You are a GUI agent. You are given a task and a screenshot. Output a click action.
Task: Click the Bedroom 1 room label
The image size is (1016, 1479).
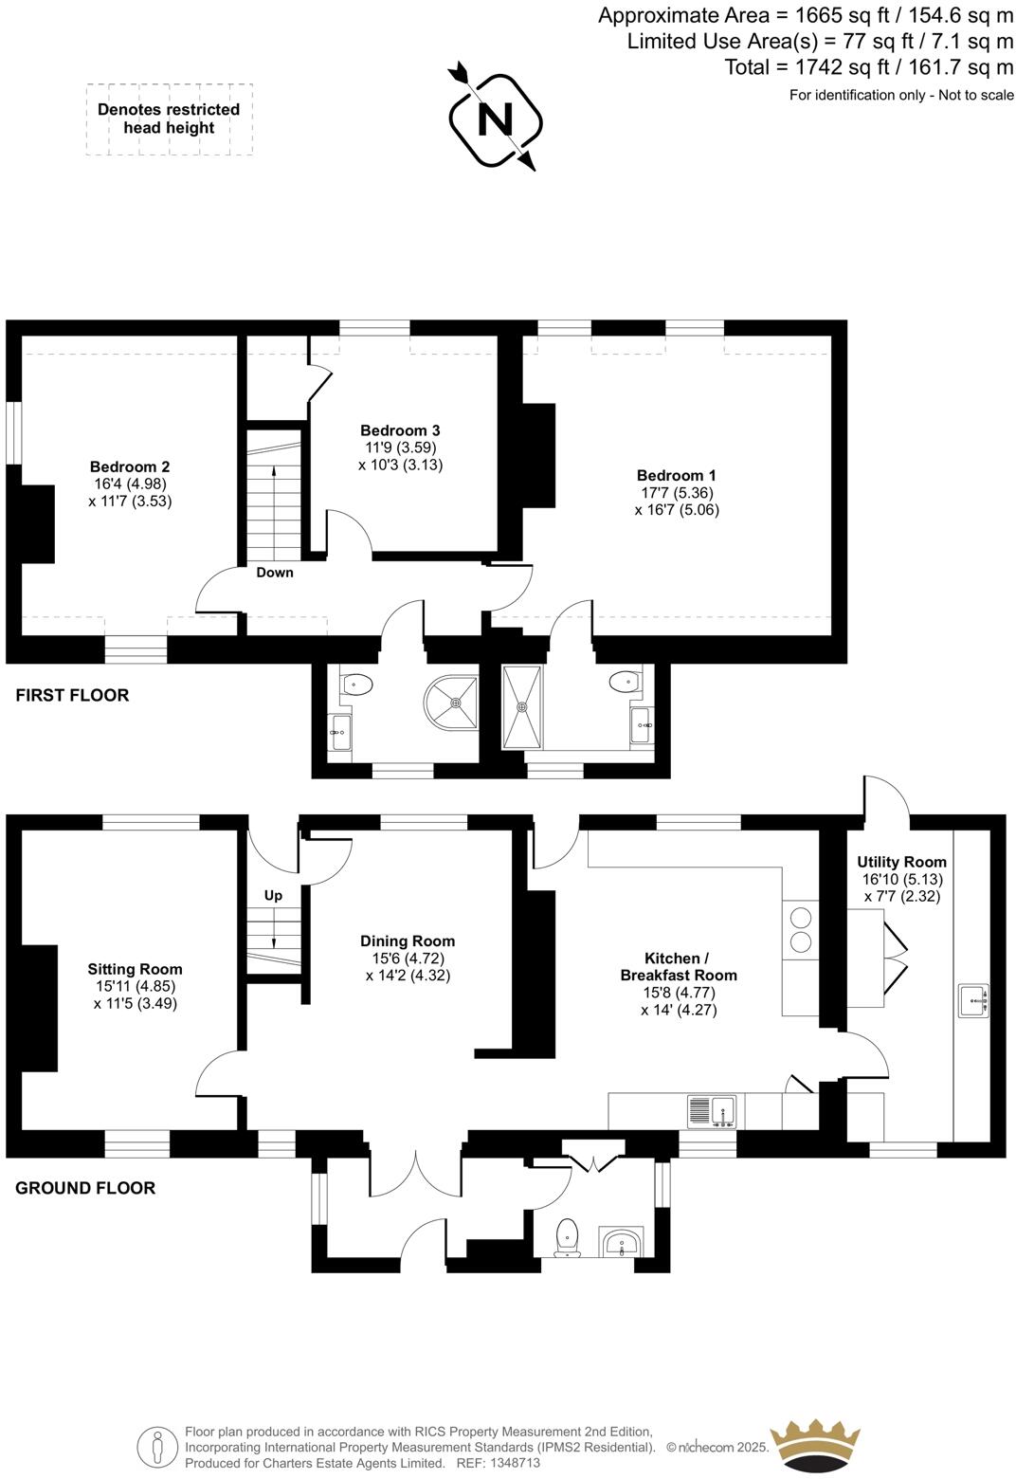676,475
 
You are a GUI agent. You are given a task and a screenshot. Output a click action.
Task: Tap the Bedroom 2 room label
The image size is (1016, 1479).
130,466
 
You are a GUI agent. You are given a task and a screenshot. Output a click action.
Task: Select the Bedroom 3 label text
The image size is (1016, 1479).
400,430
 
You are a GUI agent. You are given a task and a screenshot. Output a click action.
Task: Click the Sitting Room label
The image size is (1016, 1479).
135,969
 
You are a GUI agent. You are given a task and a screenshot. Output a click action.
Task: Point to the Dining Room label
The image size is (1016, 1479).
407,940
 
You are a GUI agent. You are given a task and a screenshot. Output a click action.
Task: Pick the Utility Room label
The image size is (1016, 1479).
901,862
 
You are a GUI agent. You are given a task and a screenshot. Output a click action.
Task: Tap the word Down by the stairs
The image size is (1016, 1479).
275,573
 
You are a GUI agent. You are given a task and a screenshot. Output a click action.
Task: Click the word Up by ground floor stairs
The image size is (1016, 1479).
273,895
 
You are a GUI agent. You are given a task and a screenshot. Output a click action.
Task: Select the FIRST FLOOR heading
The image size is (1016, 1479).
72,695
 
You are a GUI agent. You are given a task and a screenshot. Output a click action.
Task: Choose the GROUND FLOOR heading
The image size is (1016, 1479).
85,1188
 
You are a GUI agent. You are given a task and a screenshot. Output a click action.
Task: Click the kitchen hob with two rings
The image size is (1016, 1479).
801,929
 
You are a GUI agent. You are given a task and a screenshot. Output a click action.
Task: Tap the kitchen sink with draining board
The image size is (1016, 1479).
712,1111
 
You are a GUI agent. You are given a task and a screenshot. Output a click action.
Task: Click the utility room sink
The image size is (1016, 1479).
973,1000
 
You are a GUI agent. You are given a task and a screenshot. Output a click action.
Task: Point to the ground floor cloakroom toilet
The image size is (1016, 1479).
567,1236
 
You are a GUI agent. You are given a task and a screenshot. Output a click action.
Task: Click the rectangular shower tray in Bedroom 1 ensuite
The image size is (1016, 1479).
522,706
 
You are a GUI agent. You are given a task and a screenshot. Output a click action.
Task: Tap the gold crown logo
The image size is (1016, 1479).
816,1444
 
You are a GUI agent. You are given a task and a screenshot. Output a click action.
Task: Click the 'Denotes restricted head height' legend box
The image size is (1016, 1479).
169,119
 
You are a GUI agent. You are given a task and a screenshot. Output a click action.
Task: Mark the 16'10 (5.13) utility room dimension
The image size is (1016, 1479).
901,879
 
